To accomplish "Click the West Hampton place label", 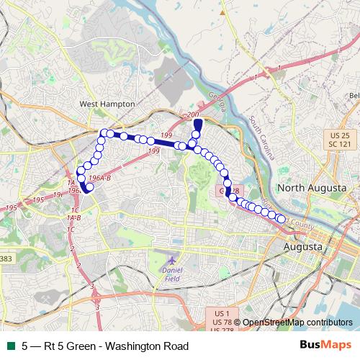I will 97,104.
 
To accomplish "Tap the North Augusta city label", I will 317,188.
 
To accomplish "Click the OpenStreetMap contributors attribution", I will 297,323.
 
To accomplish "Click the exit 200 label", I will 192,115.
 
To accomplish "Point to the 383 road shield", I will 6,258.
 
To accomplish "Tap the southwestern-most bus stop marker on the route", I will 90,188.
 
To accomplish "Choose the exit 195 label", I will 39,199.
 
